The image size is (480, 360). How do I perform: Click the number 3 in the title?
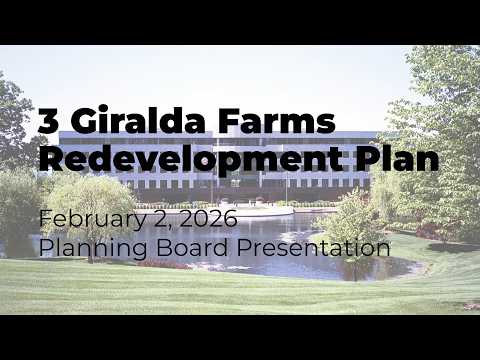[x=49, y=120]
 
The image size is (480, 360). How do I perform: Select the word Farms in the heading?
[x=276, y=120]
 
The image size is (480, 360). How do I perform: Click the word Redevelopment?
[x=192, y=159]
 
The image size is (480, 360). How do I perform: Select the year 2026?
[x=209, y=218]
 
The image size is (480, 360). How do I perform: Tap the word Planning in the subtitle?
[x=93, y=249]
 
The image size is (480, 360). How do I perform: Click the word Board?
[x=192, y=247]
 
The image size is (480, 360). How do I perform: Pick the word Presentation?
[x=314, y=248]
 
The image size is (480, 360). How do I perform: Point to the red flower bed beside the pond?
[x=163, y=264]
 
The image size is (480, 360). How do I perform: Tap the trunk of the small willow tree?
[x=90, y=253]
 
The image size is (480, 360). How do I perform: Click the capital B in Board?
[x=164, y=247]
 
